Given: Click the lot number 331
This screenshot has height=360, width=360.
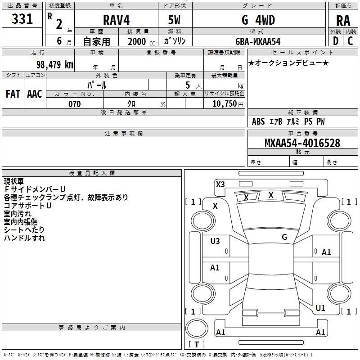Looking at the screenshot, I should [x=22, y=19].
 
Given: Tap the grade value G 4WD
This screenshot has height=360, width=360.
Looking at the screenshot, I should [x=258, y=20].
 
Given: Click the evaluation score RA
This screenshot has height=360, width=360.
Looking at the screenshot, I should [x=343, y=21].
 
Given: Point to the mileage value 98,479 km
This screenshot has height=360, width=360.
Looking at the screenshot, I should [x=54, y=64].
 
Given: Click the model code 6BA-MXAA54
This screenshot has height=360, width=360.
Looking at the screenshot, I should [x=258, y=41].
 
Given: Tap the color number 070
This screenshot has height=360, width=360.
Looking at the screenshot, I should [x=74, y=104].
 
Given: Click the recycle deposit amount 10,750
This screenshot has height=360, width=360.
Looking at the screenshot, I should [x=224, y=104].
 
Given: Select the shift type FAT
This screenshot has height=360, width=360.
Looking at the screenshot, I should [x=13, y=94].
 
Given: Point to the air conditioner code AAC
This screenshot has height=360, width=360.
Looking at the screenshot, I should [x=35, y=94].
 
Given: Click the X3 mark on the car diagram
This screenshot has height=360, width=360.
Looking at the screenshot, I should [x=220, y=184].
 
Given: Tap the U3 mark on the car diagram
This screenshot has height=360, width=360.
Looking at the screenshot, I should [x=215, y=241].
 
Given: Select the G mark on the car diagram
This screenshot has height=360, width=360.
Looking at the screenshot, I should [x=284, y=237].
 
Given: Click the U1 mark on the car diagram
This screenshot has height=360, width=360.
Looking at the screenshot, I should [x=320, y=308].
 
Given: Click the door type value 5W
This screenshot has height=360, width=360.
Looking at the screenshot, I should [x=175, y=20].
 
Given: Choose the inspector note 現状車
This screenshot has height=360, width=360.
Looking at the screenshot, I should [x=14, y=181].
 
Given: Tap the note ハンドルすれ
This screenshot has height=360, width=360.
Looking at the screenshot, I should [x=24, y=238].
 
